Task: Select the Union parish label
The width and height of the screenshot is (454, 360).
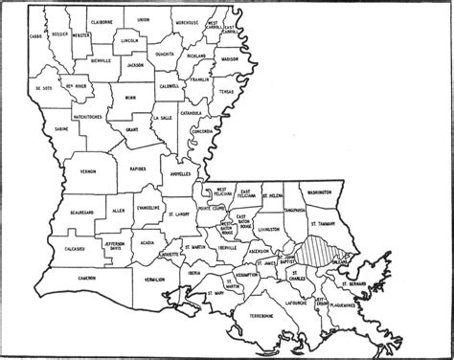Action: [x=144, y=19]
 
